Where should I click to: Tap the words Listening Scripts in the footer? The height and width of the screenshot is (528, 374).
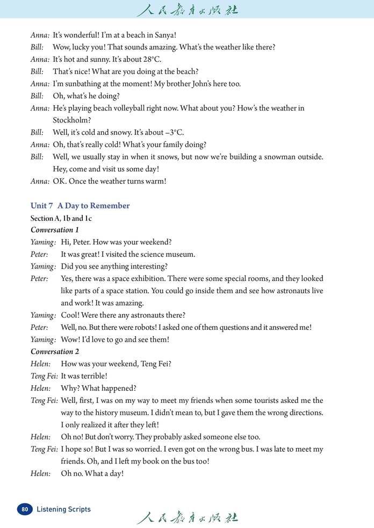coord(63,509)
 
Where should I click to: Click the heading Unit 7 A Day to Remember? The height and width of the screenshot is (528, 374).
coord(80,206)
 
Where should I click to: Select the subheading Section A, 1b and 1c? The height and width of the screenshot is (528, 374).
coord(61,218)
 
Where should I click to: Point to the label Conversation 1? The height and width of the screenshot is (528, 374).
coord(55,230)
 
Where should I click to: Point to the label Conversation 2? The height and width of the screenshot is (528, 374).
coord(55,351)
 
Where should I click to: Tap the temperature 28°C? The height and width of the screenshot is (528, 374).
coord(151,59)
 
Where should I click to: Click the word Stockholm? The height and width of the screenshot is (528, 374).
coord(71,120)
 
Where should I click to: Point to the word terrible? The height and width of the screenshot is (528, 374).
coord(91,376)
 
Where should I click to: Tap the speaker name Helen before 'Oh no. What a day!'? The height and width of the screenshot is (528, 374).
coord(41,473)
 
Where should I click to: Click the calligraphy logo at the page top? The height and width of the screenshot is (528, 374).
coord(187,10)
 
